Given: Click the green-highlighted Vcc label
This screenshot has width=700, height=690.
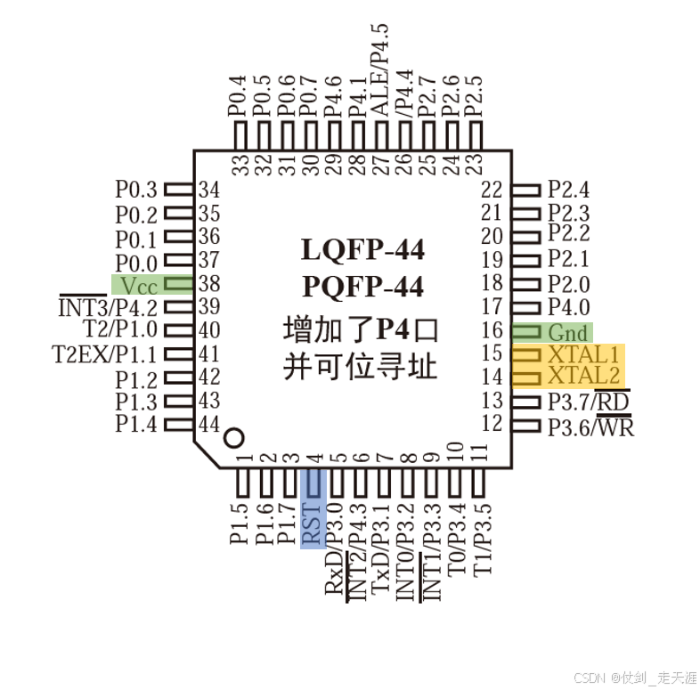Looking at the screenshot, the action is tap(139, 286).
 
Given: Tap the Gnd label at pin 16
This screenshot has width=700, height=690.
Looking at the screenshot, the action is tap(567, 333).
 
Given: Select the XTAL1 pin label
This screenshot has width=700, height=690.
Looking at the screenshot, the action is tap(583, 355).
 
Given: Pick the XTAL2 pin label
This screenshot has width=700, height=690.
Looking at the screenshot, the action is tap(583, 376).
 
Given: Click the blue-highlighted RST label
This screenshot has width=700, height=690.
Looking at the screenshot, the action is tap(312, 524).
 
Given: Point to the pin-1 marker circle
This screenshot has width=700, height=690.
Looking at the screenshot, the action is tap(234, 438).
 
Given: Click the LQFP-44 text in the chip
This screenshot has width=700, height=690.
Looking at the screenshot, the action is tap(362, 249).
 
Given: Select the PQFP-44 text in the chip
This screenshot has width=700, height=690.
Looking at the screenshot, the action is tap(362, 286).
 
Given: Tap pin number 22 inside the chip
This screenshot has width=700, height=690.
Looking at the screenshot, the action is tap(492, 191).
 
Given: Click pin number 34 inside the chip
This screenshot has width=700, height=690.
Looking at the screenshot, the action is tap(209, 191).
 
